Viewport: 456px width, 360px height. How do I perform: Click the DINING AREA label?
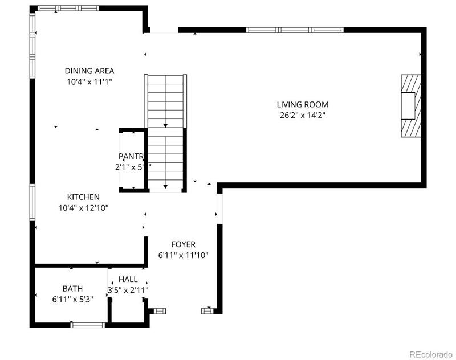89,71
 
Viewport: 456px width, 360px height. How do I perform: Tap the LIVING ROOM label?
302,104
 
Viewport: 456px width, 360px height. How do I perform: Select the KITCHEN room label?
83,197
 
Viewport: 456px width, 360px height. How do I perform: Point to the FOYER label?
183,244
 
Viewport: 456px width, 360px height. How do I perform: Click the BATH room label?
72,288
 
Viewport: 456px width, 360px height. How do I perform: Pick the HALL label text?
128,279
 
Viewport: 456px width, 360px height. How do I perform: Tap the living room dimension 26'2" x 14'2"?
302,115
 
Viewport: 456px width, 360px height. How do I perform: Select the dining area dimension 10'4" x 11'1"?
89,82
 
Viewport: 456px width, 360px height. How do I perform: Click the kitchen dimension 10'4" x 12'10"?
83,207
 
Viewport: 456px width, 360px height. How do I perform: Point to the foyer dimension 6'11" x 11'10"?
183,255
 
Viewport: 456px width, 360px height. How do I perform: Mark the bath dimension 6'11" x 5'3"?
72,299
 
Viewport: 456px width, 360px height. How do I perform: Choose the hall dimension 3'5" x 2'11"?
128,290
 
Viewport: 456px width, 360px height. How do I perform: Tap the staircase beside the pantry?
166,132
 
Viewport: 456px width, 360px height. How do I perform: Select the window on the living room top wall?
295,30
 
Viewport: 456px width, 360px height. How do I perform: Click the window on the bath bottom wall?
88,325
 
